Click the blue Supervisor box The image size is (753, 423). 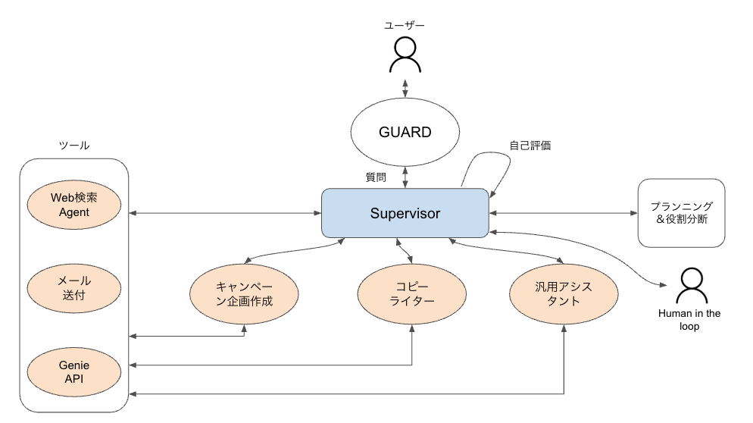point(405,213)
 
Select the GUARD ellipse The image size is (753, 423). point(405,133)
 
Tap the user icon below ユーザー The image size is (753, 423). point(405,55)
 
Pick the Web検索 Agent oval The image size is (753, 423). point(74,205)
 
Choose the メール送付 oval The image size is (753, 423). point(74,288)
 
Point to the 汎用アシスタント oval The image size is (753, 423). point(565,293)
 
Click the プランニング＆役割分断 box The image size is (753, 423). point(681,213)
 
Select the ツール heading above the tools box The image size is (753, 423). point(73,146)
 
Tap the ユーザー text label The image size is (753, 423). point(405,26)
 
